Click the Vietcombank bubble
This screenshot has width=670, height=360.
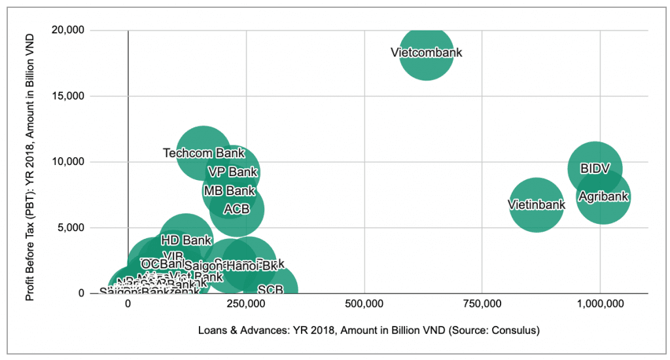[x=427, y=52]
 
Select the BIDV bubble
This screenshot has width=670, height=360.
[x=595, y=168]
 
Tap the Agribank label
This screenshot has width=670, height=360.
[x=603, y=196]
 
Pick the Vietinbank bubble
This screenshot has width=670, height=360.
[x=537, y=205]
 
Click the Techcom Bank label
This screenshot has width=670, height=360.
[x=203, y=153]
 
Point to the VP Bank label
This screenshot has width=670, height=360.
[x=232, y=172]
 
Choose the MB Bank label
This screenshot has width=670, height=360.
[x=229, y=191]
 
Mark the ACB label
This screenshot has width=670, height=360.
[x=236, y=209]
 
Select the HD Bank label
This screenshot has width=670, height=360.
[x=186, y=240]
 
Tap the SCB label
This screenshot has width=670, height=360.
[x=270, y=289]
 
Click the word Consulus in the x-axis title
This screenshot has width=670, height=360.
[x=513, y=331]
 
